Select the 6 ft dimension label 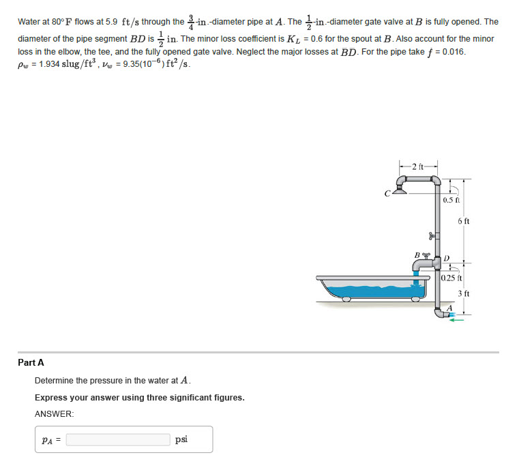464,221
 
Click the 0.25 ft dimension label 451,278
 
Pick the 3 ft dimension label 464,293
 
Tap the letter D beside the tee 447,259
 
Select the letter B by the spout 417,257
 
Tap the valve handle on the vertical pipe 430,236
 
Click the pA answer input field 118,439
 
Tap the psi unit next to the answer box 181,439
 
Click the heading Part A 31,362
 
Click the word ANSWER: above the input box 54,414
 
